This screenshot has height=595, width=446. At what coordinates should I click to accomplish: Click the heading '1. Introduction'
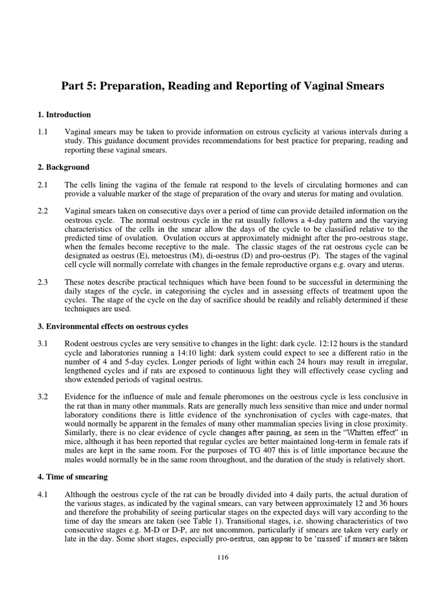pos(64,114)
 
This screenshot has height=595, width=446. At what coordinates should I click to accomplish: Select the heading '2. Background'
pos(64,167)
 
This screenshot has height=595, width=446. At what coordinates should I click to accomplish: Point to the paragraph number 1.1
pos(44,132)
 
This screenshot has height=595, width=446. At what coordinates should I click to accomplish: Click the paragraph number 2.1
pos(44,185)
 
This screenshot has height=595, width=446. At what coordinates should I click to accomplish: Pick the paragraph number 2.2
pos(44,211)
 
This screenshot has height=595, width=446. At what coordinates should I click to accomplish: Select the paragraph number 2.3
pos(44,282)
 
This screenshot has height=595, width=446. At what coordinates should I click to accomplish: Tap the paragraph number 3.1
pos(44,343)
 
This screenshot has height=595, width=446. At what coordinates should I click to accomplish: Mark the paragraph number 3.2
pos(44,397)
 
